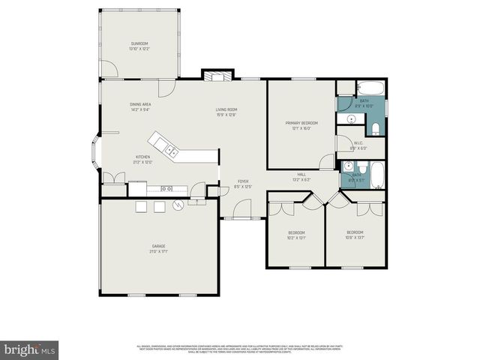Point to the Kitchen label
click(x=142, y=157)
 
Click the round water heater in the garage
click(x=178, y=205)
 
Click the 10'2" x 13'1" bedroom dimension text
click(x=296, y=238)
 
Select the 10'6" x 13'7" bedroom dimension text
click(x=355, y=237)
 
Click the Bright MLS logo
click(x=30, y=349)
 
